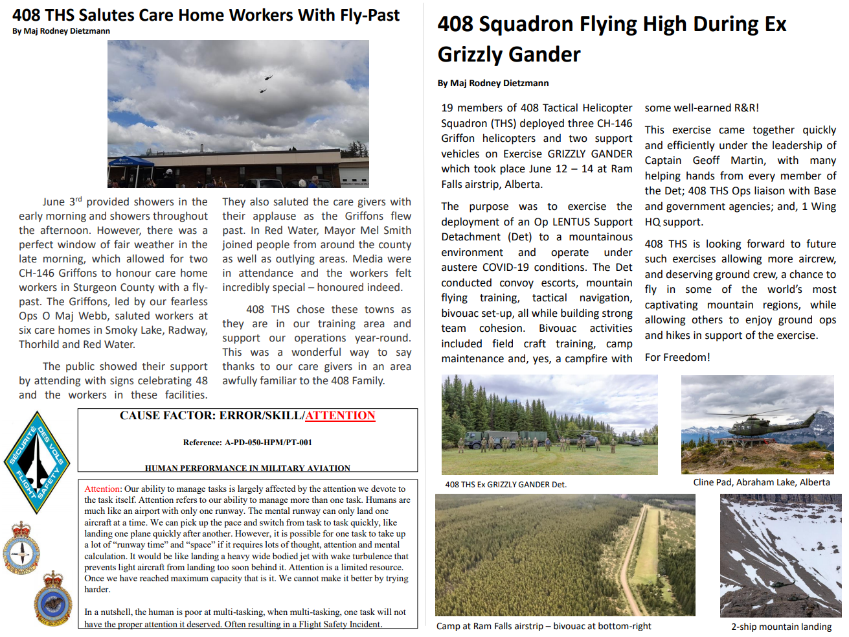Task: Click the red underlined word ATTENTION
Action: point(340,416)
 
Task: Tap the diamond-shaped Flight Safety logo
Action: point(37,462)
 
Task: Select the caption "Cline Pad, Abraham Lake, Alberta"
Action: point(761,482)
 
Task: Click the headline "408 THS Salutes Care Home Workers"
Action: point(206,16)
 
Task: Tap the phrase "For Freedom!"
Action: point(677,357)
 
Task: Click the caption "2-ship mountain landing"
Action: point(781,627)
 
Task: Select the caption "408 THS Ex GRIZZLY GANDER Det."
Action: point(506,485)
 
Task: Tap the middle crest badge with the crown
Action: point(21,549)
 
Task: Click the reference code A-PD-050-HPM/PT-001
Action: point(247,443)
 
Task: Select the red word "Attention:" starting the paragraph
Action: point(103,489)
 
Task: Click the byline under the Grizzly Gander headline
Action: point(493,83)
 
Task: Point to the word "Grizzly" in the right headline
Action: point(477,54)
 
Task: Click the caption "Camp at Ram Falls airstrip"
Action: point(543,626)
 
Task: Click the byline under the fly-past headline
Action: point(61,31)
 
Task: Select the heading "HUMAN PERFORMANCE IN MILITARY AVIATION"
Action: point(247,468)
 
